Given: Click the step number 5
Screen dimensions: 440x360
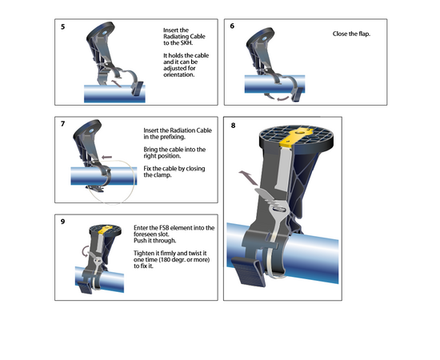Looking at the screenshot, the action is pos(62,27).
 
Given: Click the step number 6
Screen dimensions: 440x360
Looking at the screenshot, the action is pos(232,26).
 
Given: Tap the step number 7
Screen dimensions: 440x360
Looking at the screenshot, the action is pos(62,124).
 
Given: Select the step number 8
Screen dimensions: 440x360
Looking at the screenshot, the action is pos(233,126).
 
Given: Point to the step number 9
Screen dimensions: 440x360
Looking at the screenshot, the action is pos(62,222).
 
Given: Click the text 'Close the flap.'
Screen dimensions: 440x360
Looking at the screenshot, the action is pos(351,34).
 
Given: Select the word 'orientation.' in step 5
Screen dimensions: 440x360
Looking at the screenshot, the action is pos(178,74).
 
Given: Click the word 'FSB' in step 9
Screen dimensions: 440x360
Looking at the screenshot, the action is pos(164,227).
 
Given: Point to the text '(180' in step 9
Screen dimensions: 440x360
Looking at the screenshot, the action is pos(165,259).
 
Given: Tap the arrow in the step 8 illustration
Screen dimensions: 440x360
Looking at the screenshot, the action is pos(249,178).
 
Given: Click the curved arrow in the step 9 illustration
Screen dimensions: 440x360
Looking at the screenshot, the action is pos(85,251).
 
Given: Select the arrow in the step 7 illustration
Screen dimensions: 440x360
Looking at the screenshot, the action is pos(106,157).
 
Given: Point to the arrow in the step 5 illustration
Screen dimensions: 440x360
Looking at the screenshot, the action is pos(116,83).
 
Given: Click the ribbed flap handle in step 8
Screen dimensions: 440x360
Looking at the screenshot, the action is pos(248,271).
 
